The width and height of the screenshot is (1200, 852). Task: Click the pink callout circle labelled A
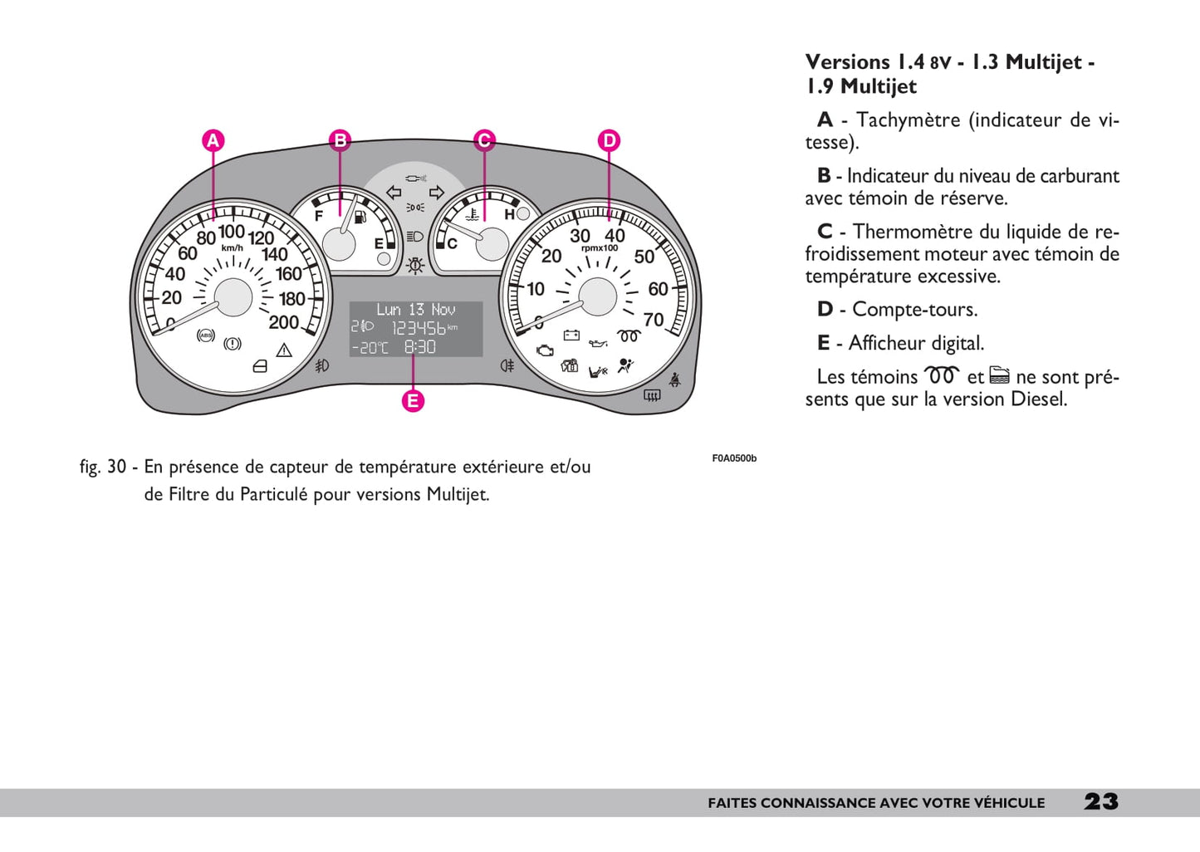click(213, 140)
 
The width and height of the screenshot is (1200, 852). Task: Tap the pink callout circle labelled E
click(413, 401)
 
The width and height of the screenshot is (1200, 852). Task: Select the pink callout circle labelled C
click(483, 140)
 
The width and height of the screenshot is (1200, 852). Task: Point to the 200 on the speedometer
click(283, 322)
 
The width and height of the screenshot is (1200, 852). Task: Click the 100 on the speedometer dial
click(232, 232)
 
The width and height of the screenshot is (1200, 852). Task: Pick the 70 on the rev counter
click(654, 320)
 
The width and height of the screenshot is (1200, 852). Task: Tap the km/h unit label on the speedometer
click(233, 247)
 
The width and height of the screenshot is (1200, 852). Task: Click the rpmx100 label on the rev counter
click(599, 247)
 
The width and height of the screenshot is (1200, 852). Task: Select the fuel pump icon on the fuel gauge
click(360, 218)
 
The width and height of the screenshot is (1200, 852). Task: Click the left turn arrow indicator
click(394, 193)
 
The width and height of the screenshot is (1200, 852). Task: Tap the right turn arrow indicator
click(437, 193)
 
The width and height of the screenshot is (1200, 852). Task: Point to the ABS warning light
click(205, 335)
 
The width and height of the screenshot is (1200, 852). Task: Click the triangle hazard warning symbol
click(284, 350)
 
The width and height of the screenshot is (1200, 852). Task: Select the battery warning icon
click(571, 335)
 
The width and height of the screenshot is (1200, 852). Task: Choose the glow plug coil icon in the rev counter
click(629, 335)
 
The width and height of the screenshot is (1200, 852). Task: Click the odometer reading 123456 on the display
click(419, 328)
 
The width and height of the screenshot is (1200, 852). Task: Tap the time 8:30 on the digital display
click(419, 347)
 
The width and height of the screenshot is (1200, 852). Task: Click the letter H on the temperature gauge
click(509, 215)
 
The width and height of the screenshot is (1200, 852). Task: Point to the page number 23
click(1101, 801)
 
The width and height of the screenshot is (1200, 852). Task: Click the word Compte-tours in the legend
click(914, 310)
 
